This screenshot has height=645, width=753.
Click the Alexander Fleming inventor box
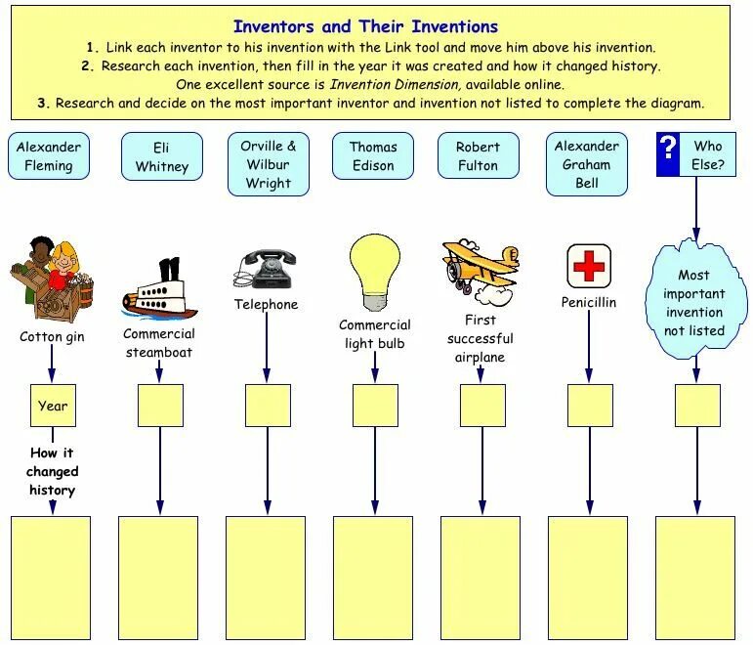pos(49,156)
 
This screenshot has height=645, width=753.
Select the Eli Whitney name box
pos(162,156)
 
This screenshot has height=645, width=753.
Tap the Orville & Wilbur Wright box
pos(269,164)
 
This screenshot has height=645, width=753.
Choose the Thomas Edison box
pos(373,156)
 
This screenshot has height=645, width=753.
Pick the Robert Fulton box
pos(479,156)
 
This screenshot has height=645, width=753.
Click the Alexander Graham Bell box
pos(587,164)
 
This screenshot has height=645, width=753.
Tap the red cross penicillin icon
pos(589,266)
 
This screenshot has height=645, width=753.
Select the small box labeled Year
pos(53,406)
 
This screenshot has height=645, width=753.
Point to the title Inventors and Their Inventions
pos(365,26)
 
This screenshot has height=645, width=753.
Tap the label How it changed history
pos(53,471)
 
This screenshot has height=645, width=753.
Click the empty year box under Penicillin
pos(590,406)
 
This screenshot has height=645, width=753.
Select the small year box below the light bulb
pos(375,406)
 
